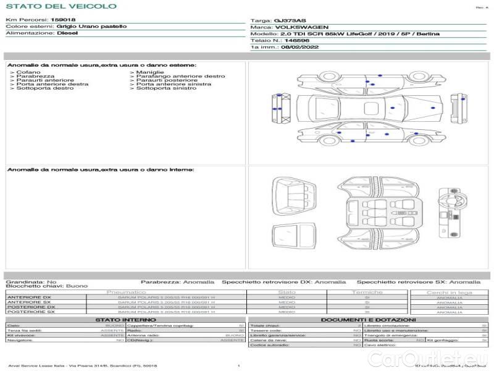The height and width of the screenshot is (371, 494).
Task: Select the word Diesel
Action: (67, 33)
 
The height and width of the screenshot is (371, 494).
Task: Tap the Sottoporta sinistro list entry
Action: (165, 88)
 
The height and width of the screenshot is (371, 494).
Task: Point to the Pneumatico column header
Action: (127, 292)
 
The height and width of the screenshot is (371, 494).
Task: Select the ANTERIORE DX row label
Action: (29, 297)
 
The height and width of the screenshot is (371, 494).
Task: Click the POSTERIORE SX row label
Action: (30, 312)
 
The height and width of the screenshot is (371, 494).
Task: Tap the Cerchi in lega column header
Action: (449, 292)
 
